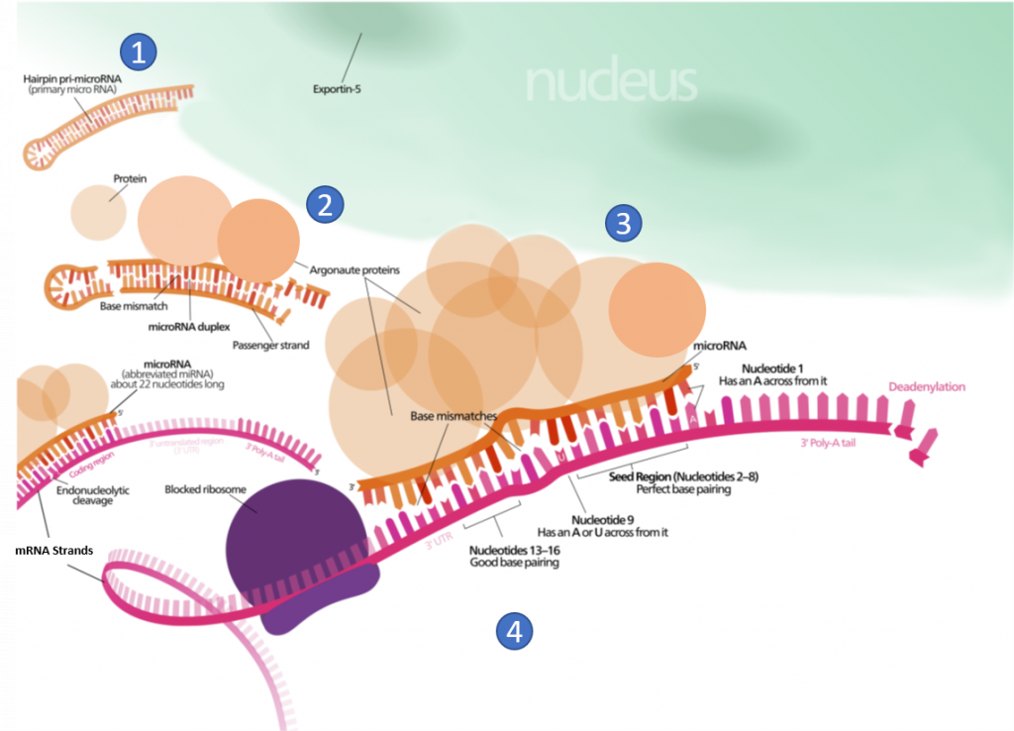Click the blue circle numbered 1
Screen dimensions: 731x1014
pos(139,52)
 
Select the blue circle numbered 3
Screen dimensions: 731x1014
pos(623,224)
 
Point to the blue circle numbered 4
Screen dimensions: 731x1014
pos(513,630)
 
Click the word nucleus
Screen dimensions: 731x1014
pos(611,83)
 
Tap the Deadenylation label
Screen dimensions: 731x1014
pos(926,386)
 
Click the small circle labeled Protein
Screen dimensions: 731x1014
pos(97,209)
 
